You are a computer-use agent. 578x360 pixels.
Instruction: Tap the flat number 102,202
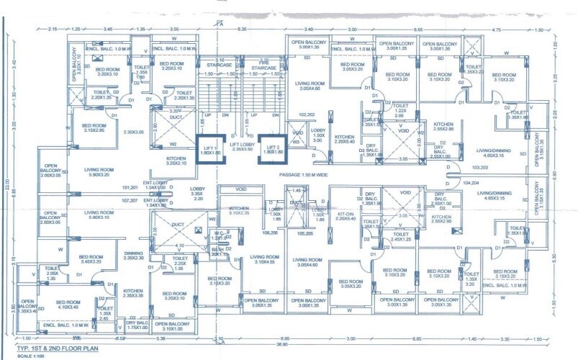point(307,114)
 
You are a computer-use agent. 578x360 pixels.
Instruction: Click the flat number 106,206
point(270,233)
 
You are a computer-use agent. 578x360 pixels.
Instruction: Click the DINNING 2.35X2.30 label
point(134,256)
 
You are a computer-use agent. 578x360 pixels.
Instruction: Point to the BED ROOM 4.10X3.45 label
point(68,305)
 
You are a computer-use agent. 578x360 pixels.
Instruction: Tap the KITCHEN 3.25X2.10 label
point(176,161)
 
